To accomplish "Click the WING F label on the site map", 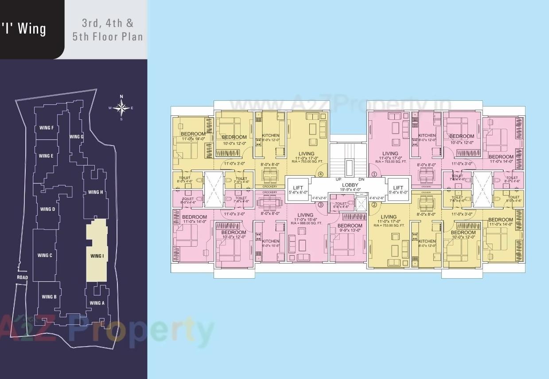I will point(47,128).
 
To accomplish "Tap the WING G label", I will point(76,137).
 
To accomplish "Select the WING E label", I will point(46,156).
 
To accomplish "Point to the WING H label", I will point(96,192).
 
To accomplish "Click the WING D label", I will point(47,209).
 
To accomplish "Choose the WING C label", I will point(45,255).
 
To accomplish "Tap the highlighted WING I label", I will point(97,256).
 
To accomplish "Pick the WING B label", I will point(49,297).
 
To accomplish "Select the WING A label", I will point(97,303).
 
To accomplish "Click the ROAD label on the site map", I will point(22,277).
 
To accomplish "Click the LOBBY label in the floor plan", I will point(350,185).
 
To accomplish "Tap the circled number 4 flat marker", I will point(320,174).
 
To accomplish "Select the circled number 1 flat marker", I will point(374,174).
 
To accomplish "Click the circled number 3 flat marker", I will point(320,205).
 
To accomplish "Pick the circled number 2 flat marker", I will point(374,205).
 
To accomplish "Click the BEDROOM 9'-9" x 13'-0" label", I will point(350,228).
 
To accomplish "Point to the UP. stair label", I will point(338,179).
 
